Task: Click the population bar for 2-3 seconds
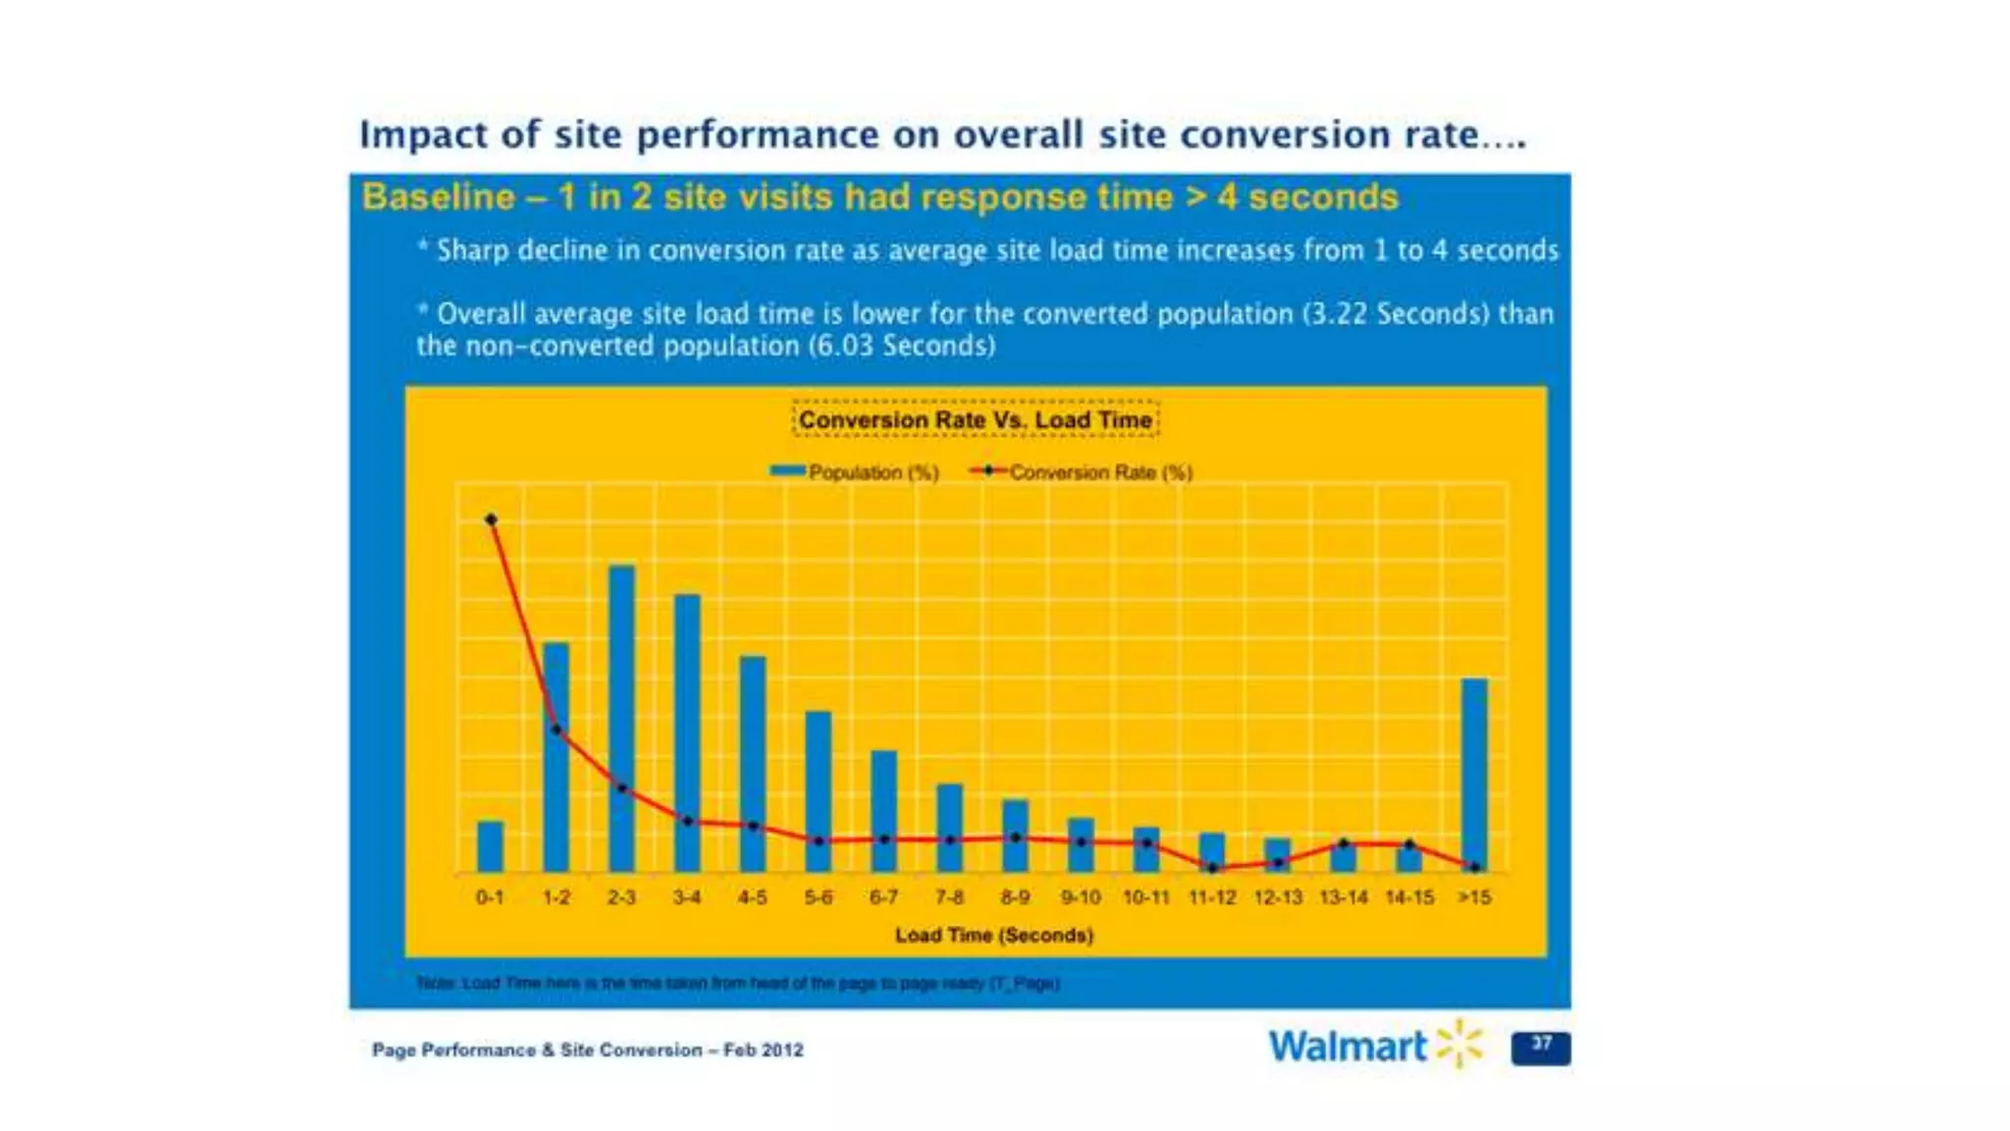point(621,717)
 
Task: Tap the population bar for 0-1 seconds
point(490,846)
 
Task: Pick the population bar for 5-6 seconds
point(819,790)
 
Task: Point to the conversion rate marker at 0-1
point(491,519)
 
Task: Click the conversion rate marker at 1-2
point(556,729)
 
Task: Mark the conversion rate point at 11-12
point(1213,868)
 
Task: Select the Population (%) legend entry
point(855,472)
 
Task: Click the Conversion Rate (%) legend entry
point(1082,472)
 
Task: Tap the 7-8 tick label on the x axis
point(949,897)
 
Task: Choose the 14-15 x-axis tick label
point(1409,897)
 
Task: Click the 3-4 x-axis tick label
point(687,897)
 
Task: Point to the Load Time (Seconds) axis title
point(994,935)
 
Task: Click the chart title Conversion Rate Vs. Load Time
point(976,420)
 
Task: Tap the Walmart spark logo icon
point(1460,1043)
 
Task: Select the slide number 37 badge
point(1541,1047)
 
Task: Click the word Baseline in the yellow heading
point(438,197)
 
